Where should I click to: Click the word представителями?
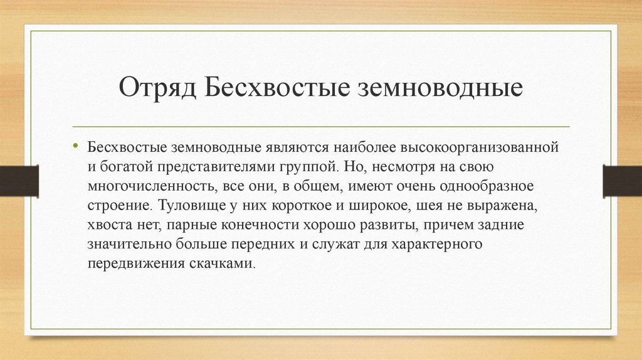[218, 167]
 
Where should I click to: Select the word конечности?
[242, 225]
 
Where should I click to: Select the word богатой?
[120, 167]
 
